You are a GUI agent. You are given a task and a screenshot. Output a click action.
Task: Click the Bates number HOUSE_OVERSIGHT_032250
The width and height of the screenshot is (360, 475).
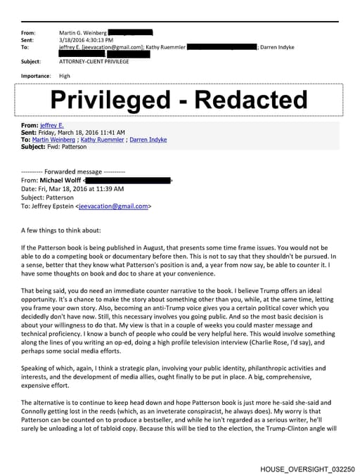(x=307, y=467)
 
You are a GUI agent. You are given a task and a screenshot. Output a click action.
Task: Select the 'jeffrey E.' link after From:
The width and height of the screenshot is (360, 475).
(x=51, y=125)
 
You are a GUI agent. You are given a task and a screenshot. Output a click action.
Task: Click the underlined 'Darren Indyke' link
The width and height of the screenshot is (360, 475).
(x=149, y=139)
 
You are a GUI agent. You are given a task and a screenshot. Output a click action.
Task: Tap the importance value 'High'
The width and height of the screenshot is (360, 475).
(x=65, y=76)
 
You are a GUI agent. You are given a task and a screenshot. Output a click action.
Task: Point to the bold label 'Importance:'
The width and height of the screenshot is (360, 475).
(x=36, y=76)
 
